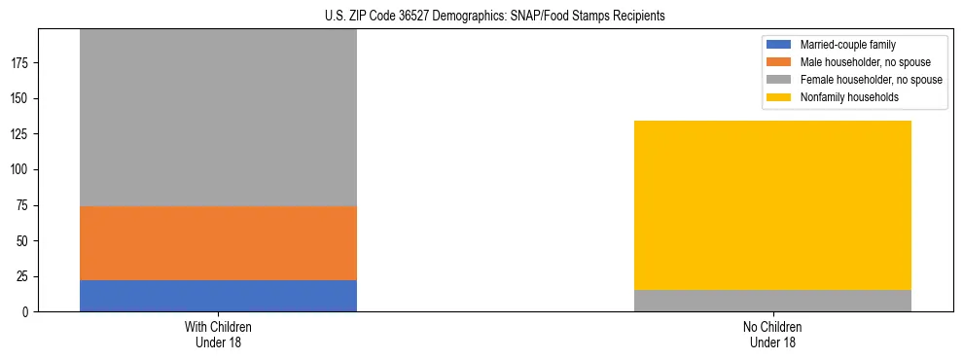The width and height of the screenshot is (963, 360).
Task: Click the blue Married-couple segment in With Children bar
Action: [218, 296]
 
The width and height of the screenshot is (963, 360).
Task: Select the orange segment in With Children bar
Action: [218, 243]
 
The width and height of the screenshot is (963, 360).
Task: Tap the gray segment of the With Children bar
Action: [218, 118]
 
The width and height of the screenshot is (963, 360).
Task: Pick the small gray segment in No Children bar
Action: [772, 301]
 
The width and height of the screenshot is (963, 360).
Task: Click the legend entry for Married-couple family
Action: [847, 45]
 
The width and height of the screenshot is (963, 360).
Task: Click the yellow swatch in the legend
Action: [780, 97]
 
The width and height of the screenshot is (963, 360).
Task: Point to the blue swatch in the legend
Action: [780, 45]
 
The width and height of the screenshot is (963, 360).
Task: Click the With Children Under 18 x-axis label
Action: [218, 335]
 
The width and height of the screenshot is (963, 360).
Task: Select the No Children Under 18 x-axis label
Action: [772, 335]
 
